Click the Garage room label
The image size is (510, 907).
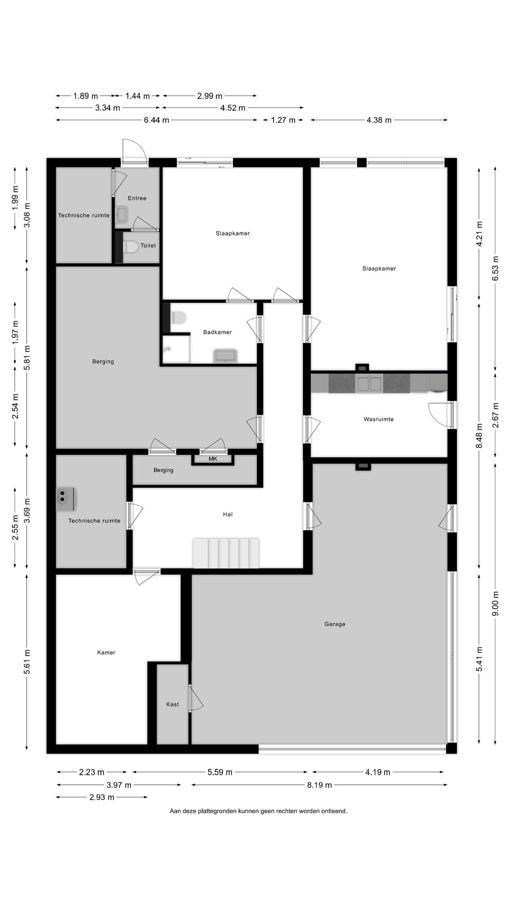coord(335,624)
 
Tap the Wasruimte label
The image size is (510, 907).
coord(379,419)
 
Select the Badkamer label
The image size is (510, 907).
coord(217,332)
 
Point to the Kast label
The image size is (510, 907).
coord(173,704)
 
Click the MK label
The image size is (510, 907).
coord(213,459)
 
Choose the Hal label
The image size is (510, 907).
coord(228,514)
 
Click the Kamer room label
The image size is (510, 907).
coord(106,652)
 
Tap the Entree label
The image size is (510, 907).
coord(137,198)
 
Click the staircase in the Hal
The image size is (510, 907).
coord(226,553)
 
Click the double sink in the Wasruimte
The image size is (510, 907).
coord(370,384)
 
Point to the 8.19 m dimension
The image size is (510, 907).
coord(319,785)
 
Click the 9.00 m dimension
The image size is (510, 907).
coord(495,603)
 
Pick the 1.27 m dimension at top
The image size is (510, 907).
coord(283,120)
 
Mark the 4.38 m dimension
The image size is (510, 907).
coord(379,120)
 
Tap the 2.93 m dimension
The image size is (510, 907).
coord(102,798)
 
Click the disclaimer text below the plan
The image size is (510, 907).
coord(259,811)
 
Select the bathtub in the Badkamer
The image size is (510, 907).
coord(225,356)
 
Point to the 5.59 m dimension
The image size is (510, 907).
coord(220,772)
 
